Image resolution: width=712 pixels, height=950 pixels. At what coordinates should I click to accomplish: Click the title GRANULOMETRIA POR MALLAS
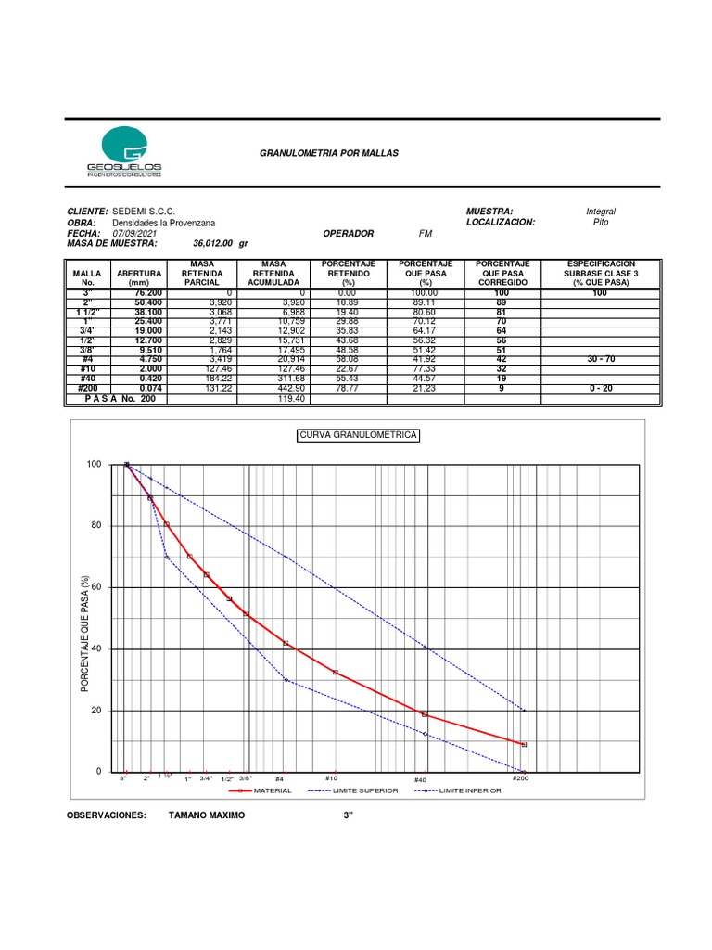(x=328, y=151)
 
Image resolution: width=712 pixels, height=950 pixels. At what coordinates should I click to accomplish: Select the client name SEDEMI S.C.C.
(x=144, y=212)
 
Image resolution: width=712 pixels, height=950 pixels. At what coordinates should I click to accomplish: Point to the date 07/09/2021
(x=133, y=234)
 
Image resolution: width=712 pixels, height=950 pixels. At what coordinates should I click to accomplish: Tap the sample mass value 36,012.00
(x=214, y=244)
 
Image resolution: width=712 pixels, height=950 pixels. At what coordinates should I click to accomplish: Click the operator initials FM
(x=426, y=234)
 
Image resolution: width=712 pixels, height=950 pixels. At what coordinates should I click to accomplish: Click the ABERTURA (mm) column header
(x=139, y=277)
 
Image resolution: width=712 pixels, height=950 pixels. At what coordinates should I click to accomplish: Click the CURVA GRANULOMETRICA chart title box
(x=358, y=435)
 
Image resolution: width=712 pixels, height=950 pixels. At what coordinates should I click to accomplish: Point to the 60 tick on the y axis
(x=95, y=587)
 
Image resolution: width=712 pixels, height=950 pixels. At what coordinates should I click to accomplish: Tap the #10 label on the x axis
(x=331, y=778)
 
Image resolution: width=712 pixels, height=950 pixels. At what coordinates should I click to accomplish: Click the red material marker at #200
(x=524, y=744)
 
